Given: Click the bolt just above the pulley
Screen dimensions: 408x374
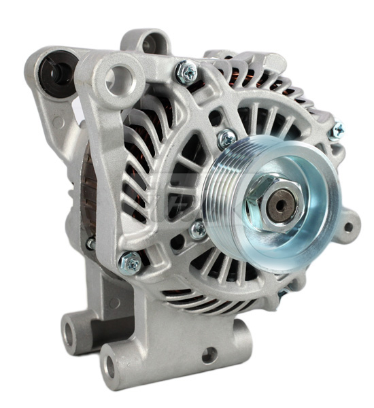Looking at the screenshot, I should [x=226, y=140].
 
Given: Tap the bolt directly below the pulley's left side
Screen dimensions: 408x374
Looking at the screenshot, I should [x=198, y=230].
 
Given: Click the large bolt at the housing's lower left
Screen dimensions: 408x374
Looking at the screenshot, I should [x=129, y=260].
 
